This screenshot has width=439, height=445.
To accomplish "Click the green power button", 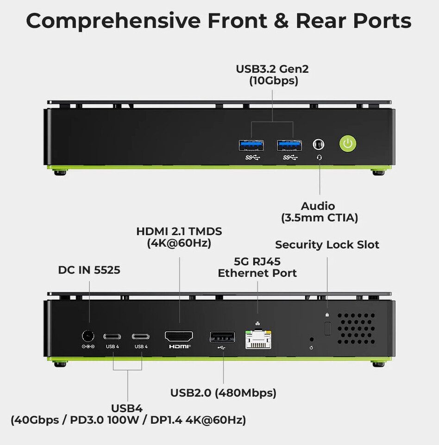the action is (348, 144).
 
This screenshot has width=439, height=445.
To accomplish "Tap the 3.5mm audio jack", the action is (319, 145).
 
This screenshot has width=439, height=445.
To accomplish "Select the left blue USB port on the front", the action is (251, 145).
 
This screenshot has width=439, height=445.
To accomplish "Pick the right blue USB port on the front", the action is (289, 145).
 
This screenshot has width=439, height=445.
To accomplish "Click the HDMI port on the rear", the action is (179, 337).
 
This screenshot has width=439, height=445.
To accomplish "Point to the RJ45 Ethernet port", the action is (258, 339).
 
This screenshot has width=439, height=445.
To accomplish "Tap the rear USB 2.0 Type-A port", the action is (222, 337).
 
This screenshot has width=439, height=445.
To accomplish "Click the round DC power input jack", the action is (88, 337).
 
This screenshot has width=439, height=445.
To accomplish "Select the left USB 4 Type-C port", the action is (113, 337).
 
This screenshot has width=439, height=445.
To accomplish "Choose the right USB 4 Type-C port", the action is (141, 337).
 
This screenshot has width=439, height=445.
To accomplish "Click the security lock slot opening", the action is (327, 329).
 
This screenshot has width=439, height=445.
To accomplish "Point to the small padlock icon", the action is (327, 314).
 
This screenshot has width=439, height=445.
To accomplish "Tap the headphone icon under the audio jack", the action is (320, 158).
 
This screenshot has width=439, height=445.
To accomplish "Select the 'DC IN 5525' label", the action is (89, 270).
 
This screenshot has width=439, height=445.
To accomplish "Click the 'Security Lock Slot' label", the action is (327, 245).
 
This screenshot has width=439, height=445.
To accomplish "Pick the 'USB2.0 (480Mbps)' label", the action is (223, 393).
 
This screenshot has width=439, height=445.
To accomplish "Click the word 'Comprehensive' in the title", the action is (113, 21).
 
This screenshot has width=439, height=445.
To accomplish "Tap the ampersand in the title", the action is (281, 20).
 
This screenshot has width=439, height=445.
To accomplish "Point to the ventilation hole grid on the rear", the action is (357, 329).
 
